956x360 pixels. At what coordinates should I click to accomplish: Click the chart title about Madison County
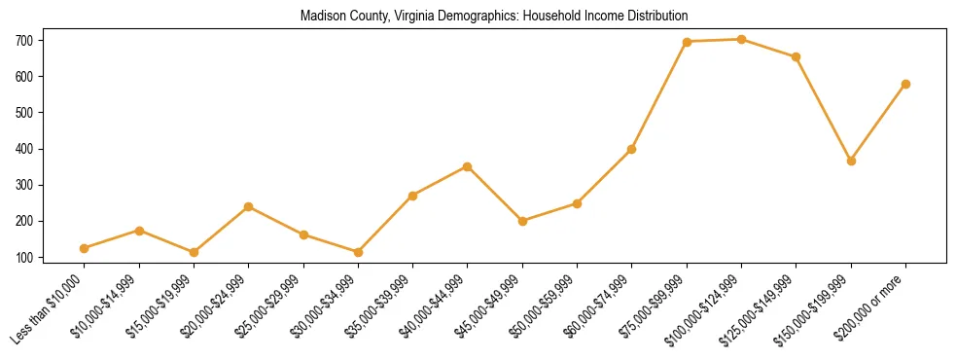click(x=494, y=16)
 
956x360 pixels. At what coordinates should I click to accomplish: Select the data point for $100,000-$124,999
click(x=741, y=40)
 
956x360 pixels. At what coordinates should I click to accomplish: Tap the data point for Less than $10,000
click(x=85, y=248)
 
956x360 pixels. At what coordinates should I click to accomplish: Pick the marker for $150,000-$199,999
click(x=851, y=161)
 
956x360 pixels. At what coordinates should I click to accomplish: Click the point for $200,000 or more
click(x=905, y=84)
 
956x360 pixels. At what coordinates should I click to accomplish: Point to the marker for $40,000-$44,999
click(x=468, y=166)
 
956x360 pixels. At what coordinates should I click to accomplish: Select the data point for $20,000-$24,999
click(x=248, y=206)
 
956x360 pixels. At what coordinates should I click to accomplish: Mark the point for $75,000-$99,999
click(x=687, y=42)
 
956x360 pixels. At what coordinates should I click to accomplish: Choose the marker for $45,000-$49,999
click(x=522, y=221)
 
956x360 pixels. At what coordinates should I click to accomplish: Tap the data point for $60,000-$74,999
click(x=632, y=149)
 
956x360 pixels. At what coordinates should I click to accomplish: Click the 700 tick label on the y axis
click(x=23, y=41)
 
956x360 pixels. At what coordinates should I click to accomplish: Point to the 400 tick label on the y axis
click(x=23, y=149)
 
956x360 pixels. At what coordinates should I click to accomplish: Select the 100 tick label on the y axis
click(x=23, y=258)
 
